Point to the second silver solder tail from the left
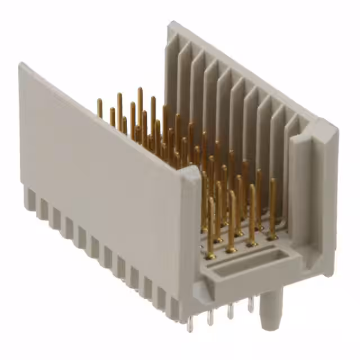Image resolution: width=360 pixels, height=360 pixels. point(210,318)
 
